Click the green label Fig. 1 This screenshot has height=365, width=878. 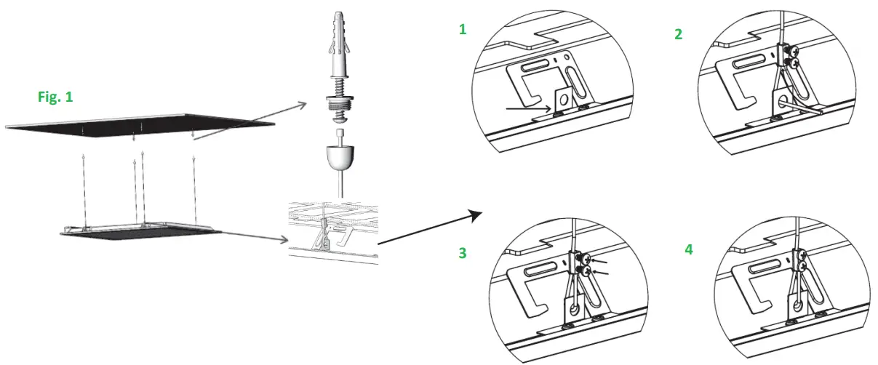55,96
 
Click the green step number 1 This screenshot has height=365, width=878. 461,29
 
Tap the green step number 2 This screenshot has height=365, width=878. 678,34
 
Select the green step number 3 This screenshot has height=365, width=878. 461,253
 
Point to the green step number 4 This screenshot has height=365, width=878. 689,249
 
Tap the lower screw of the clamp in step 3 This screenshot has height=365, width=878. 583,271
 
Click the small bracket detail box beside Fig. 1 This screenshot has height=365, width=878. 334,229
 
